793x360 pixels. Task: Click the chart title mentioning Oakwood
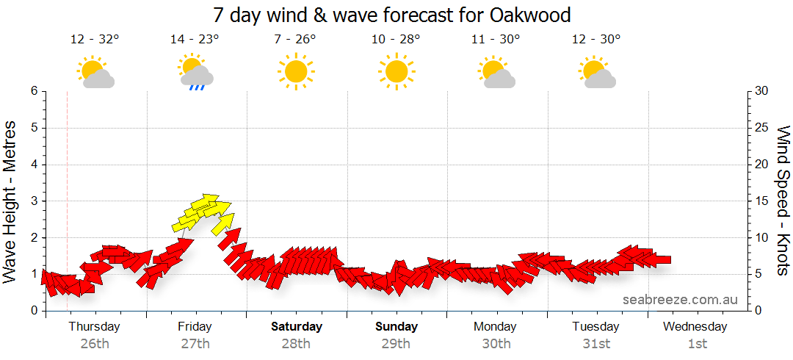click(391, 15)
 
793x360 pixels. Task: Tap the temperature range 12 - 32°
click(95, 40)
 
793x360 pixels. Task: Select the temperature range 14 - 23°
click(195, 40)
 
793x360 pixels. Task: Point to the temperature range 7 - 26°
click(295, 40)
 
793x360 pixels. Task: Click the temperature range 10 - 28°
click(396, 40)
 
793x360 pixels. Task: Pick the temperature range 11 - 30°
click(496, 40)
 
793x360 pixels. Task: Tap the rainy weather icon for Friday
click(195, 72)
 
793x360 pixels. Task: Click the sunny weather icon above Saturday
click(296, 71)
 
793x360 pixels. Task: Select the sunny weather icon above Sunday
click(396, 71)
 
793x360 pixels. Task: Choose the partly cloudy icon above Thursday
click(95, 72)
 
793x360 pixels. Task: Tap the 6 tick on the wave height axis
click(34, 91)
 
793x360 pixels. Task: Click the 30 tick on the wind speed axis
click(761, 91)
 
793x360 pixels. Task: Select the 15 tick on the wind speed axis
click(761, 201)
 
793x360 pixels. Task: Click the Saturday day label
click(296, 326)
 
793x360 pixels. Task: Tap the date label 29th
click(396, 343)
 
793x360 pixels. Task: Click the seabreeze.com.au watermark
click(680, 300)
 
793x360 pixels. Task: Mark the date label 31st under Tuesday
click(596, 343)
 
